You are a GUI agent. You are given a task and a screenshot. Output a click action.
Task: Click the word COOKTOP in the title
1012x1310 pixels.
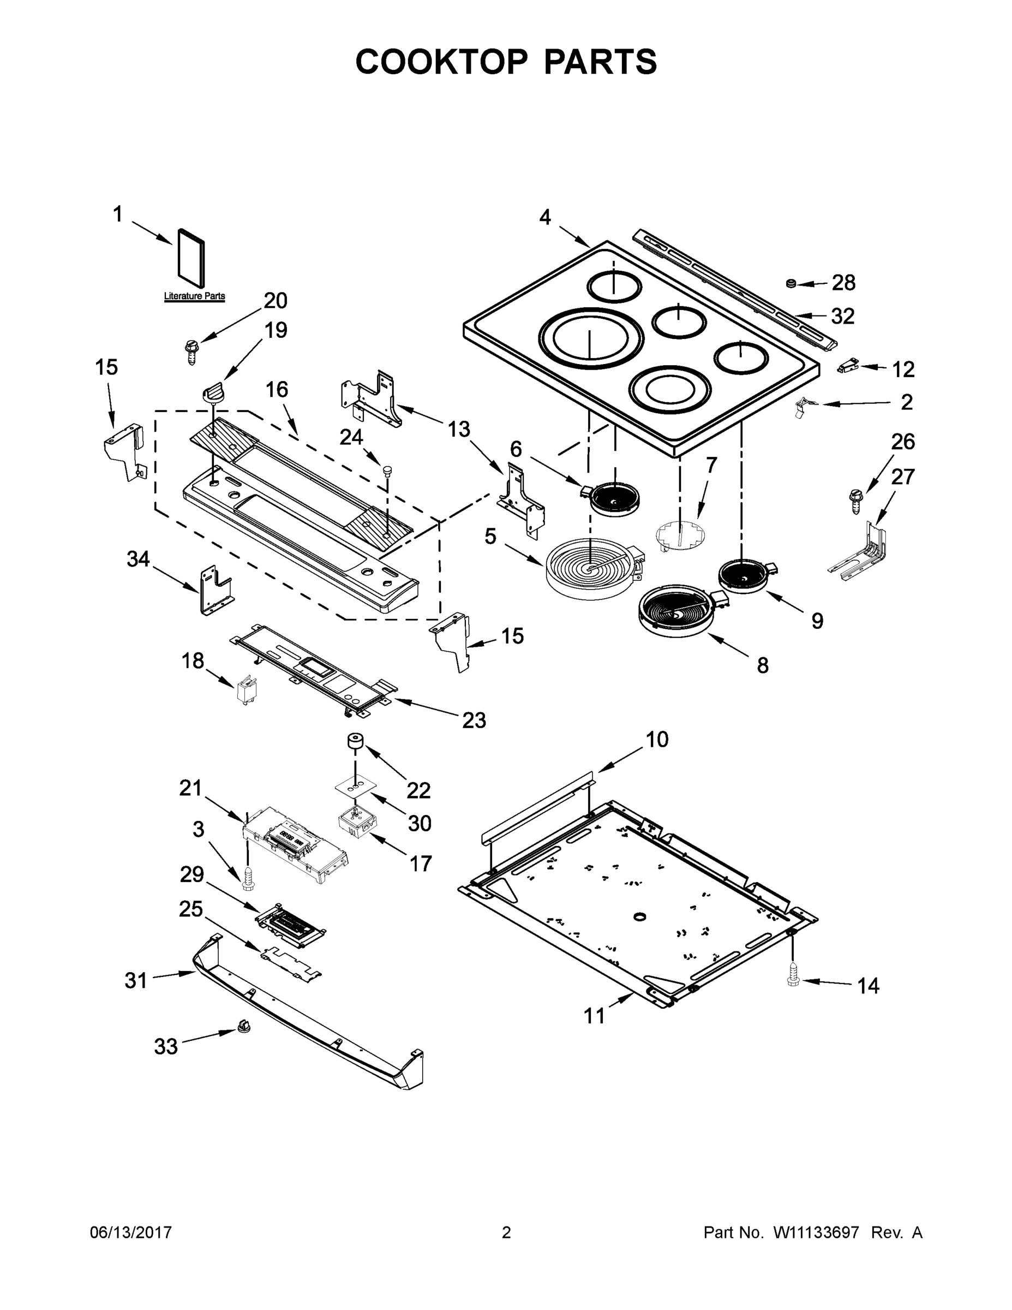click(442, 62)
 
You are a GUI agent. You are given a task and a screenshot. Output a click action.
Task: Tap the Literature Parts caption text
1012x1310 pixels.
click(194, 296)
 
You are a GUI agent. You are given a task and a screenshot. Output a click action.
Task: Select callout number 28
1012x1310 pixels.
click(843, 283)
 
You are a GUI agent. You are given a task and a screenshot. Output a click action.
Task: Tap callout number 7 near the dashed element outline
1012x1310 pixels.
click(711, 465)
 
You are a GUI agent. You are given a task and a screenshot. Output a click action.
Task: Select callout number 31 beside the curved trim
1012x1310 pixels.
click(135, 980)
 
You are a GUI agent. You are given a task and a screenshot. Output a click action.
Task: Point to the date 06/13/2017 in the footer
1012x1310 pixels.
click(131, 1232)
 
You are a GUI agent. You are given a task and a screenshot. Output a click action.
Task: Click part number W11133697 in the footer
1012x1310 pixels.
click(816, 1232)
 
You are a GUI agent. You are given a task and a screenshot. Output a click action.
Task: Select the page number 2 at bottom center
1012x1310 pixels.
click(506, 1232)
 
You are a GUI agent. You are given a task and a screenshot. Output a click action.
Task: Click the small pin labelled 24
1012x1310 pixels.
click(387, 469)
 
